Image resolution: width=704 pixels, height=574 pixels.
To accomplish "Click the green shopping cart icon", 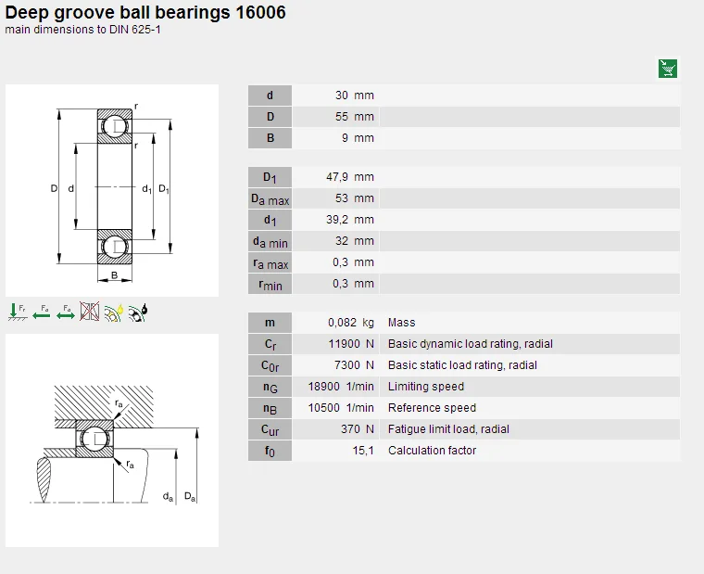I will click(668, 68).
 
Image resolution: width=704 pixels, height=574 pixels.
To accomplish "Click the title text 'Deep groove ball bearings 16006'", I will click(145, 12).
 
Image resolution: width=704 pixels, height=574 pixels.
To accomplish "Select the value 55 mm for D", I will click(355, 117).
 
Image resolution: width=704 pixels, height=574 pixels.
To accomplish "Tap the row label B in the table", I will click(270, 138).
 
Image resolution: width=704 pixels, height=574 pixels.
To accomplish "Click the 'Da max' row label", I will click(270, 199).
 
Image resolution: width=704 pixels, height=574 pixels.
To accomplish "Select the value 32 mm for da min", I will click(355, 241).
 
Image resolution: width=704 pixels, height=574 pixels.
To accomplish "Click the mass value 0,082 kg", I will click(351, 323).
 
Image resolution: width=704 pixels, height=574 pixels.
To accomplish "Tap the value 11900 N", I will click(351, 344).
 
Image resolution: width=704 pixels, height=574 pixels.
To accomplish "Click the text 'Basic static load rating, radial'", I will click(462, 365).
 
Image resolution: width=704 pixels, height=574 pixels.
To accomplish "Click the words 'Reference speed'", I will click(432, 408).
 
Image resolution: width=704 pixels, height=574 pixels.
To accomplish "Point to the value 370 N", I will click(358, 429).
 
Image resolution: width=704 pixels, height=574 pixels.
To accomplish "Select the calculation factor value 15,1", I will click(362, 451).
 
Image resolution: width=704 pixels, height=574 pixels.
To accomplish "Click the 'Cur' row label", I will click(270, 430).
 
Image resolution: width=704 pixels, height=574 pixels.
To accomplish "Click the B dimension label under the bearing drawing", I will click(115, 275).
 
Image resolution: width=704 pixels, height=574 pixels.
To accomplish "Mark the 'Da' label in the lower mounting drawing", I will click(190, 497).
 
